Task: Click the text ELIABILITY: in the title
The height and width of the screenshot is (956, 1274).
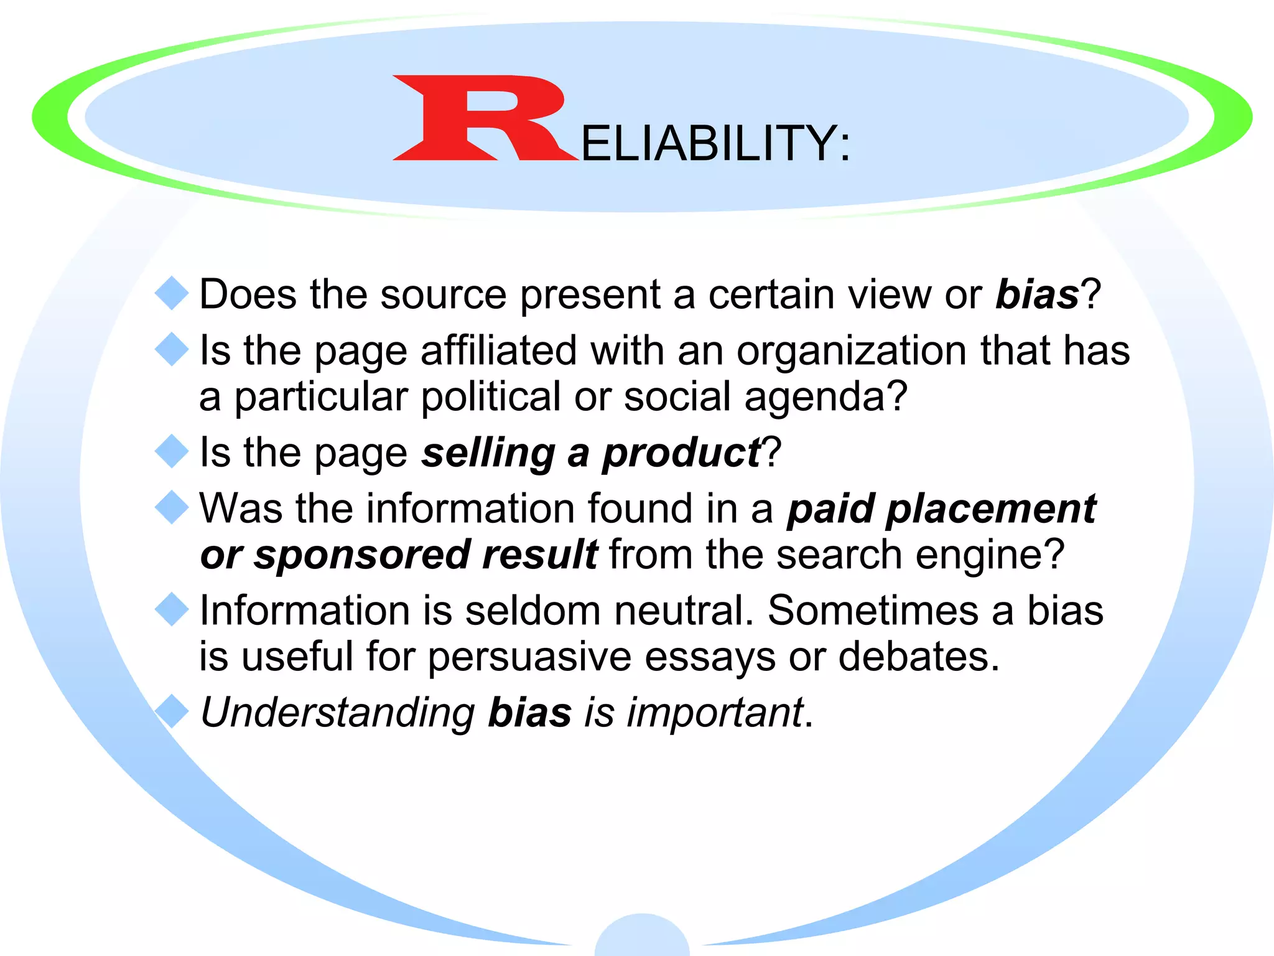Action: (x=715, y=144)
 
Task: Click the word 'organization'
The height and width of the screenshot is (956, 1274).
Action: (x=852, y=352)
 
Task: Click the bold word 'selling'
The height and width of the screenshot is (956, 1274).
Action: (x=488, y=453)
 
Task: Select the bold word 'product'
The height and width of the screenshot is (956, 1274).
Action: (x=681, y=453)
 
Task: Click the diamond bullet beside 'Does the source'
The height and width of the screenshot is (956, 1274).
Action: (x=172, y=293)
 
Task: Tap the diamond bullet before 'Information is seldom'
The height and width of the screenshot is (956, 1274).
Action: (x=172, y=610)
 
